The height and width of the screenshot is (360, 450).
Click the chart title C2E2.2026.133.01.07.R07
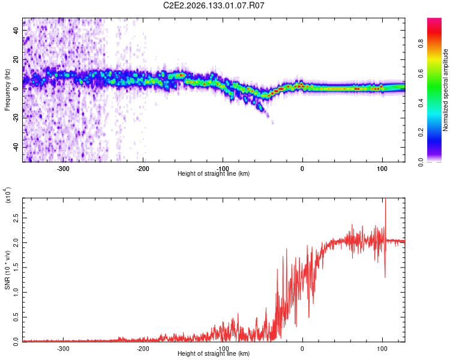coord(214,5)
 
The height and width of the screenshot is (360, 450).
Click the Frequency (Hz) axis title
coord(7,89)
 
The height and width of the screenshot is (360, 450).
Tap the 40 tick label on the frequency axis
coord(16,31)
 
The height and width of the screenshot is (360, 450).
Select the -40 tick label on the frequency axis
coord(16,147)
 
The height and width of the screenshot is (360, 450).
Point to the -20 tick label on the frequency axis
coord(16,118)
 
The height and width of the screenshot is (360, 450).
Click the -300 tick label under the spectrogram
coord(63,169)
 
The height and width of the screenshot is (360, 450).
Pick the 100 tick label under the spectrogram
coord(382,169)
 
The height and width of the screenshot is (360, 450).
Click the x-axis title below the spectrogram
coord(214,173)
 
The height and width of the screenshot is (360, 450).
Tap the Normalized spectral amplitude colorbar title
coord(445,90)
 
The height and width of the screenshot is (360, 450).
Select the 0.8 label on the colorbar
coord(421,44)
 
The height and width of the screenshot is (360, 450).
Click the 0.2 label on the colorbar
coord(421,133)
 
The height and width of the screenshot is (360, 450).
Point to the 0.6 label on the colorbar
coord(421,73)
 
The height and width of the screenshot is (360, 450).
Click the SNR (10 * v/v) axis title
coord(7,270)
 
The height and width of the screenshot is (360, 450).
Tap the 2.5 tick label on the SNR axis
coord(16,218)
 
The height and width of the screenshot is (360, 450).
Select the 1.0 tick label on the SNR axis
coord(16,292)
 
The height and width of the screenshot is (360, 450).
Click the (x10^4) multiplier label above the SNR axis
coord(8,195)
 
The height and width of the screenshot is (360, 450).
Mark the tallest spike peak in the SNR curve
coord(385,199)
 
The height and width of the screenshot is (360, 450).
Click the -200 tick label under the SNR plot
coord(143,349)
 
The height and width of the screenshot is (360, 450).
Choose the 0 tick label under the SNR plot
coord(302,349)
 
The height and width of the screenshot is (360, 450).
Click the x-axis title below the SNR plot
coord(214,353)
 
